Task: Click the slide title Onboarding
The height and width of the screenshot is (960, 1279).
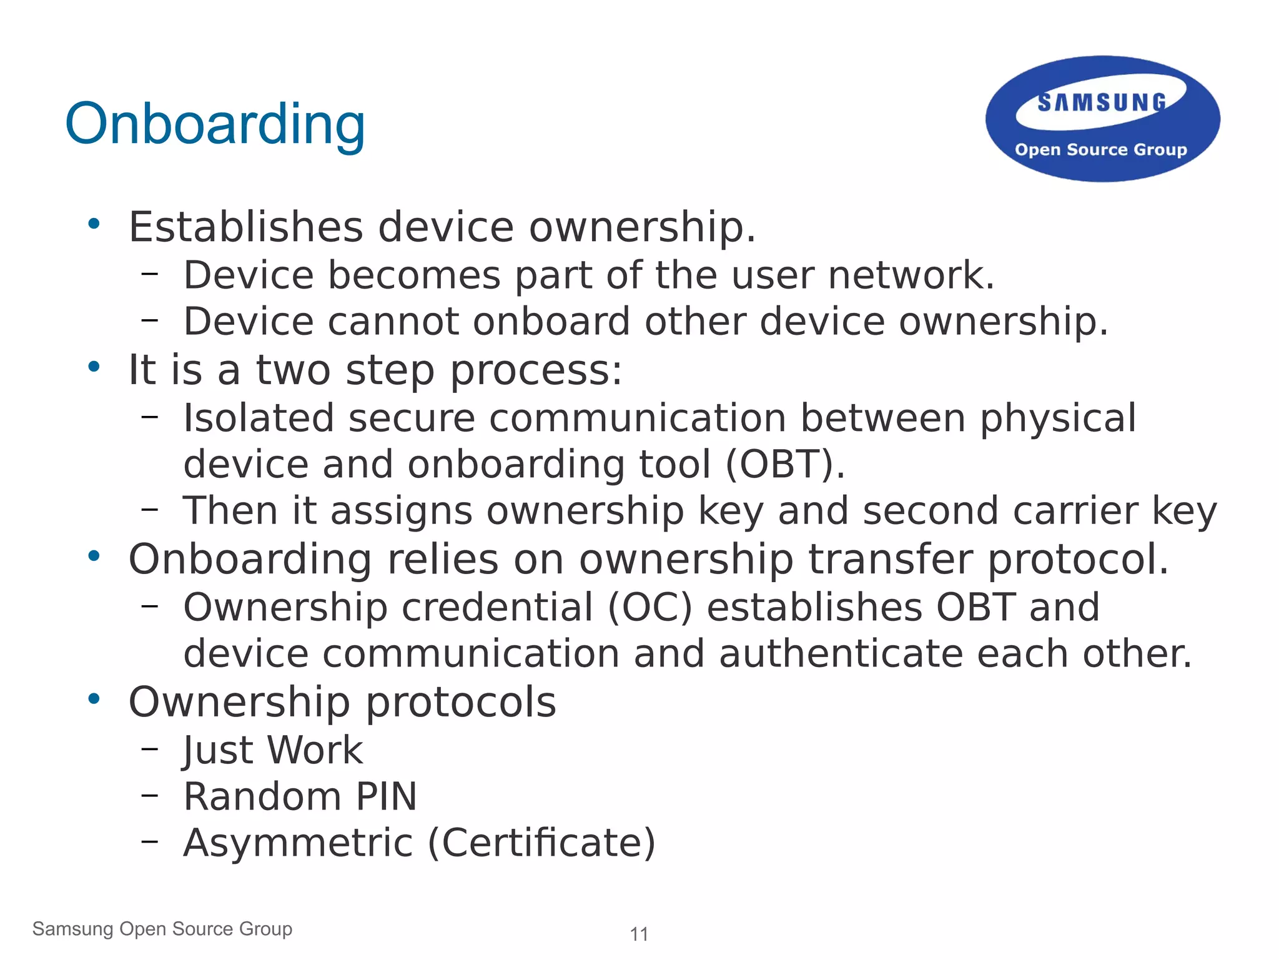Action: point(215,124)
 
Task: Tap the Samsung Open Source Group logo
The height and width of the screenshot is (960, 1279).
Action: point(1102,119)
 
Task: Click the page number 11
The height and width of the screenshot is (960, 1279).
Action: point(639,934)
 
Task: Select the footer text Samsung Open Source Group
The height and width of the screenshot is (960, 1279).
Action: point(162,929)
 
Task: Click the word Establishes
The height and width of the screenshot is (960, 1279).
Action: point(245,227)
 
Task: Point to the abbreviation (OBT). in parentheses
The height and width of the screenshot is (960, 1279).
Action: point(785,465)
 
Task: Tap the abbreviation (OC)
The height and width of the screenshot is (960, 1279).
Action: point(649,607)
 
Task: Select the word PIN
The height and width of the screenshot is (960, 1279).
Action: point(386,797)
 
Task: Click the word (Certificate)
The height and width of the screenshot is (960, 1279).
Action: point(541,843)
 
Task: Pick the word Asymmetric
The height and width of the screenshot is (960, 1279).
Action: point(298,843)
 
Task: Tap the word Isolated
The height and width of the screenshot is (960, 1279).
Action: point(259,418)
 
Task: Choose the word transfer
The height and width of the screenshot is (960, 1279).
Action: point(891,559)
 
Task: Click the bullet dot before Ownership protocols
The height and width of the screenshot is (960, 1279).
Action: point(94,699)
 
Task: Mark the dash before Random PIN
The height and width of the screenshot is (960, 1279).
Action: point(149,795)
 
